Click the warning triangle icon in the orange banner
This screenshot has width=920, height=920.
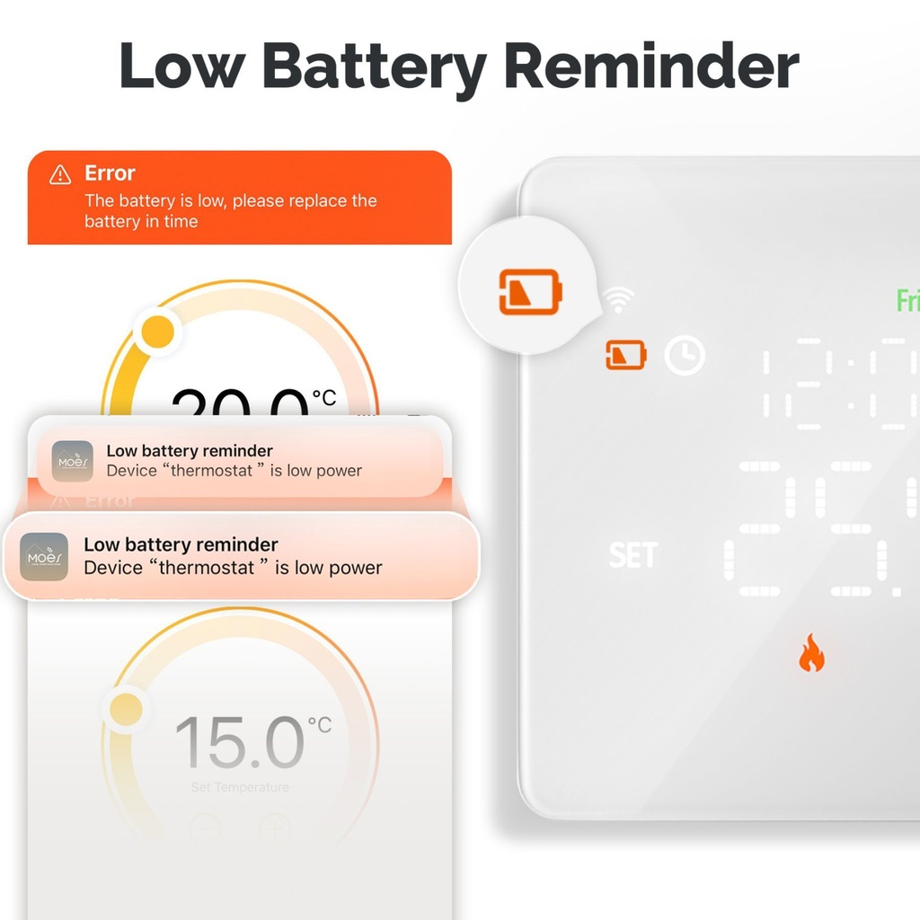60,174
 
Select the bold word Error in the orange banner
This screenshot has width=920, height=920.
110,173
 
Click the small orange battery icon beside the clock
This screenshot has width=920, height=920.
626,355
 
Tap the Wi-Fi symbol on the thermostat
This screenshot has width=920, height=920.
618,301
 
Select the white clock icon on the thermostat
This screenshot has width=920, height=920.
685,356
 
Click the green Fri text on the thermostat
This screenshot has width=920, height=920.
907,301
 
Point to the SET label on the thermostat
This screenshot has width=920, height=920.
633,555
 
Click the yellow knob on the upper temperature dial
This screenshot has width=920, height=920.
158,332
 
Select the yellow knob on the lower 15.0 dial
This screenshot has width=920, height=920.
126,709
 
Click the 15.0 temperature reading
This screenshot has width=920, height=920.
240,743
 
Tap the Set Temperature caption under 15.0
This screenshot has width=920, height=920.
240,788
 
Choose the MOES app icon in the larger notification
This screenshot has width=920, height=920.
44,557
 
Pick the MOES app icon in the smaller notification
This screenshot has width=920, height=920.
72,461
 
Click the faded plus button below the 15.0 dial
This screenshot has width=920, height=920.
275,826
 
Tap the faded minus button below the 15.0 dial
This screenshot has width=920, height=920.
205,826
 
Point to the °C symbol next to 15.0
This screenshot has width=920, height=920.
320,725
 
